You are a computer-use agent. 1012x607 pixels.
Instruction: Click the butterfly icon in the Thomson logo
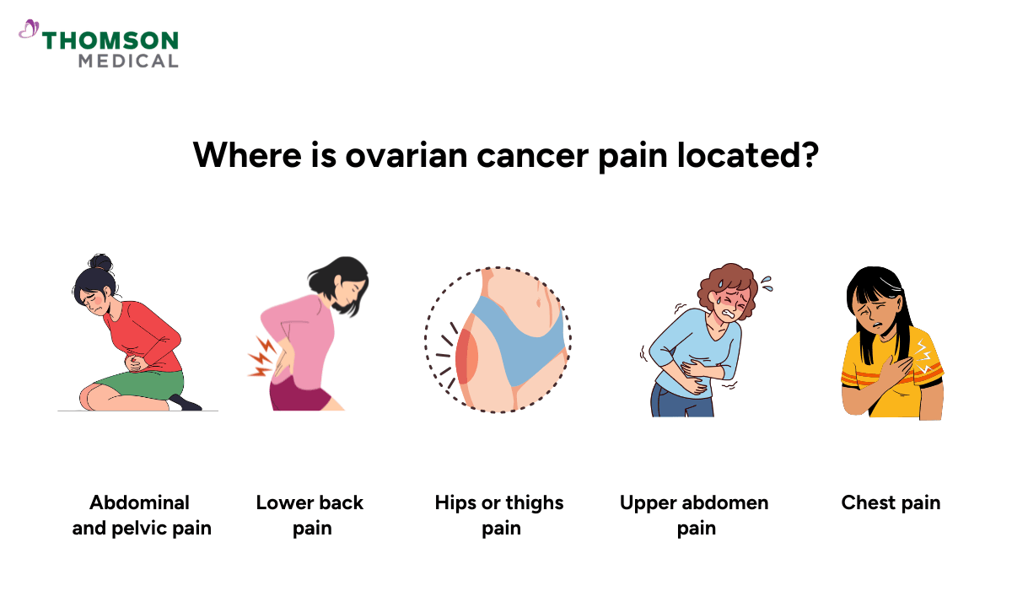[28, 30]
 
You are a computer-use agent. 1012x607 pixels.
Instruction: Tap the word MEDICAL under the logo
[128, 61]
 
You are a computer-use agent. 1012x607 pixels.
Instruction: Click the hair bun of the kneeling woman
[101, 262]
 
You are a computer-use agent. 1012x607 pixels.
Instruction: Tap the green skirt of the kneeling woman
[139, 384]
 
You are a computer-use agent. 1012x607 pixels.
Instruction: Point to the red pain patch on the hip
[466, 354]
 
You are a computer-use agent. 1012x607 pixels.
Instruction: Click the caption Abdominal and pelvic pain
[142, 515]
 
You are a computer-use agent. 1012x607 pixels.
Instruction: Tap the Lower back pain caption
[310, 515]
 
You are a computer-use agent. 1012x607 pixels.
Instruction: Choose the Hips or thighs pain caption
[499, 515]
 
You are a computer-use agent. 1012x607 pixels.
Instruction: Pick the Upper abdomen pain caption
[694, 515]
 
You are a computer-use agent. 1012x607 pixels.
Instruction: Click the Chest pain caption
[891, 503]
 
